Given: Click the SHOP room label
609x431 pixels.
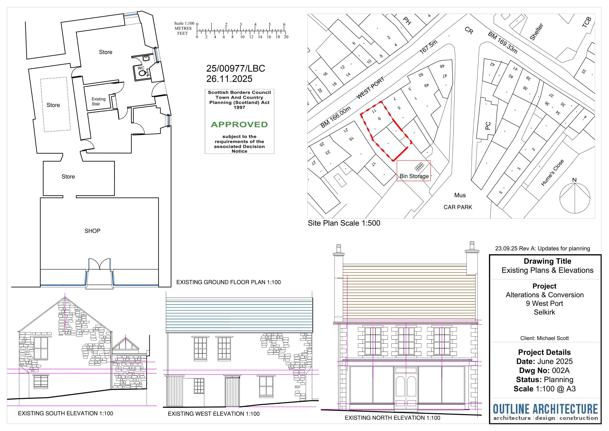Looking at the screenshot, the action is point(92,231).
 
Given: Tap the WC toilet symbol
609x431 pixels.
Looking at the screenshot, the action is point(142,73).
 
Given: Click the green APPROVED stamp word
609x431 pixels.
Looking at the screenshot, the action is point(239,125).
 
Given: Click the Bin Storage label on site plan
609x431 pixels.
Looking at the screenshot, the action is point(414,176).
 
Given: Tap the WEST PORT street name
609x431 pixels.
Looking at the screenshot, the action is point(370,88).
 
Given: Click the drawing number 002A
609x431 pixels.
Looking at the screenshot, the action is point(561,370).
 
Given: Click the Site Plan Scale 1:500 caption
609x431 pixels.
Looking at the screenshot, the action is point(344,223).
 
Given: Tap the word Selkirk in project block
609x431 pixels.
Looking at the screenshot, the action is point(544,312).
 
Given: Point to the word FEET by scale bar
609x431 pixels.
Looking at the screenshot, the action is point(182,33).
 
